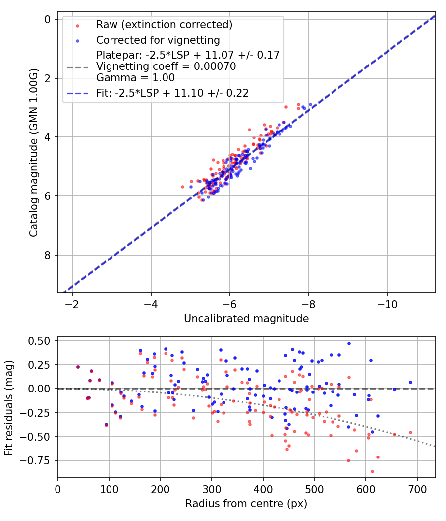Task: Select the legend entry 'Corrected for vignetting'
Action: click(x=158, y=40)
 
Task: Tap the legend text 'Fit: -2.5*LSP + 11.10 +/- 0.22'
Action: click(x=172, y=93)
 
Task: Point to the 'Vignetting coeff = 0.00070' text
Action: click(x=166, y=66)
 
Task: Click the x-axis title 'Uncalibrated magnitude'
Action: click(x=246, y=319)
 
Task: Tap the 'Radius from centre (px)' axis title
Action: click(x=246, y=504)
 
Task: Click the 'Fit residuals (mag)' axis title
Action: click(x=9, y=407)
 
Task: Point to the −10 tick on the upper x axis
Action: click(x=388, y=304)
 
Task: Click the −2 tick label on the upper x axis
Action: click(x=72, y=304)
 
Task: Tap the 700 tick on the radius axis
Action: click(x=417, y=489)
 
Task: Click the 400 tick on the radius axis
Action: click(x=263, y=489)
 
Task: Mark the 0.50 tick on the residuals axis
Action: click(x=40, y=341)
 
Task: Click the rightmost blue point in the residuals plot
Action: click(x=410, y=382)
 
